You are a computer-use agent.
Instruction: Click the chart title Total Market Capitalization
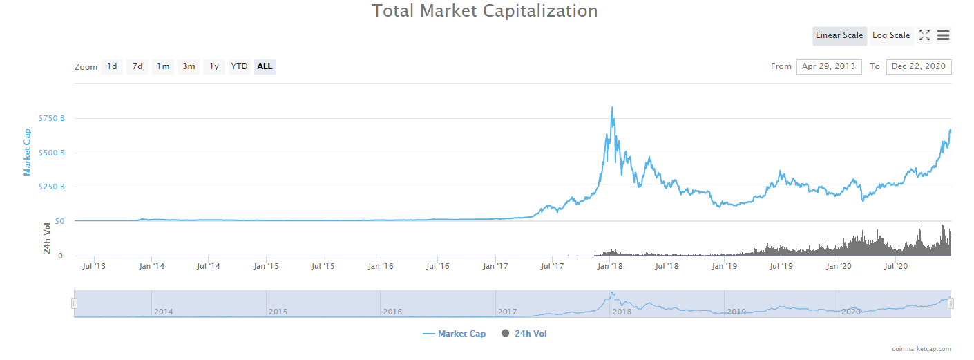click(484, 11)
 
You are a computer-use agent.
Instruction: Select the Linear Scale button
click(839, 35)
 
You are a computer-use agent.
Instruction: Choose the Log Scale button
click(890, 35)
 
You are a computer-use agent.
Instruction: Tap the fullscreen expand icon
click(924, 35)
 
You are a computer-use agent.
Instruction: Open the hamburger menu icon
click(943, 35)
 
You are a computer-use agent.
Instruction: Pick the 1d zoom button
click(112, 66)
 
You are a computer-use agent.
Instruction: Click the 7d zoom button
click(137, 66)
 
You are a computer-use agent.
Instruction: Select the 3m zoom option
click(189, 66)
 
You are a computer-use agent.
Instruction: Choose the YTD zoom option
click(239, 66)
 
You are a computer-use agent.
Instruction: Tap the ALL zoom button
click(265, 66)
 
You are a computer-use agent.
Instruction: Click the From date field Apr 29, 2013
click(828, 66)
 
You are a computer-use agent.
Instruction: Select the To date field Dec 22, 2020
click(918, 66)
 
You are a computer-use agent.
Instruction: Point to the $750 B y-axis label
click(52, 118)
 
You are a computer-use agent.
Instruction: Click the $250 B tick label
click(52, 187)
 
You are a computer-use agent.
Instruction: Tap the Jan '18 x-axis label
click(609, 265)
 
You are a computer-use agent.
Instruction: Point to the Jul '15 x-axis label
click(323, 265)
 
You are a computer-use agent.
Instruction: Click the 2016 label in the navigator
click(392, 312)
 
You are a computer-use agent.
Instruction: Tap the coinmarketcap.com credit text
click(921, 349)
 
